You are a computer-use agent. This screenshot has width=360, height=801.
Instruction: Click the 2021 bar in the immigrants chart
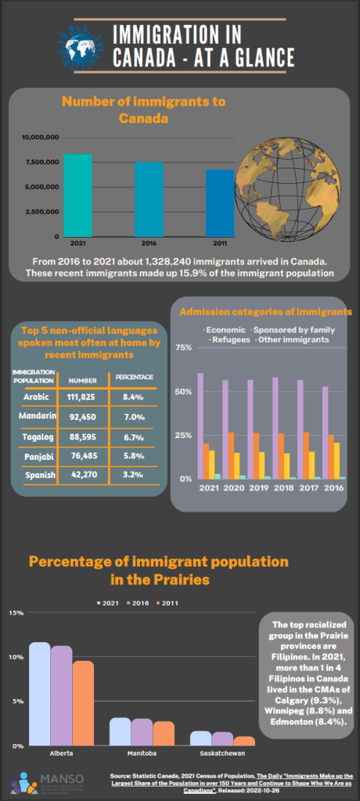pyautogui.click(x=77, y=195)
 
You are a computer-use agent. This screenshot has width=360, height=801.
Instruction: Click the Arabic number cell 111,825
pyautogui.click(x=82, y=397)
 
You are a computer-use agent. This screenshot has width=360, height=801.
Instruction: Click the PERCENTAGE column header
pyautogui.click(x=134, y=377)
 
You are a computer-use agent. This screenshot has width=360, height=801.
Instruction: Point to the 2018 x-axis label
pyautogui.click(x=275, y=488)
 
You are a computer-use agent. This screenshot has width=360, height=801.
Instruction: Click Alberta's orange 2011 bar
pyautogui.click(x=83, y=703)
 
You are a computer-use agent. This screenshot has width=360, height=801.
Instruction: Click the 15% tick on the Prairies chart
pyautogui.click(x=15, y=612)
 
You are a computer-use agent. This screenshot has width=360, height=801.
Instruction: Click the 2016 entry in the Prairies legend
pyautogui.click(x=136, y=602)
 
